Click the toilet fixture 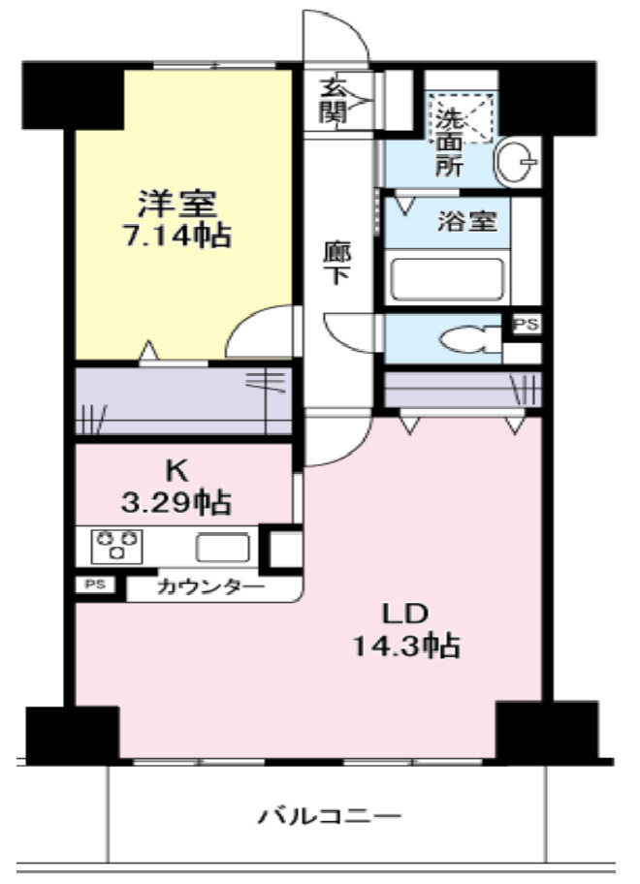(x=466, y=340)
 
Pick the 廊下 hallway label (x=336, y=262)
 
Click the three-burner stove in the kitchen (x=117, y=546)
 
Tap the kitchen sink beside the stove (x=222, y=548)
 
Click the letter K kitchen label (x=176, y=472)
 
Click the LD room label (x=402, y=615)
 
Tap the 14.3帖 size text (x=404, y=647)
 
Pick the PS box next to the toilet (x=526, y=325)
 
